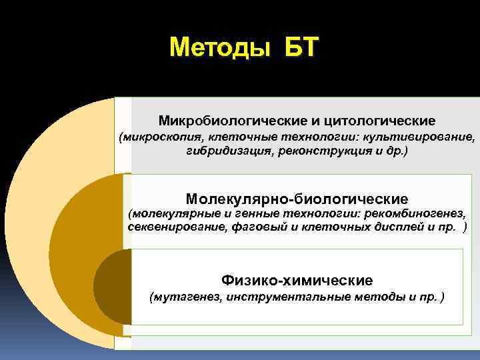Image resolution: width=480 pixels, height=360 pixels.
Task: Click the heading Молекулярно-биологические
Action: pos(297,199)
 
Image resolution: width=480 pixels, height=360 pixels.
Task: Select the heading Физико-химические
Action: pos(297,280)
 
